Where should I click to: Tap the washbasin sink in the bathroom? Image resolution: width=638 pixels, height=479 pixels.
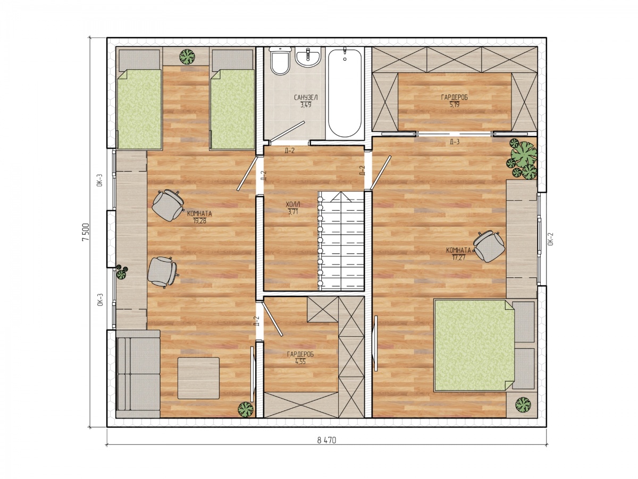point(308,57)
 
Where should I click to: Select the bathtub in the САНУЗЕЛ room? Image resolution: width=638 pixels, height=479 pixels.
point(345,93)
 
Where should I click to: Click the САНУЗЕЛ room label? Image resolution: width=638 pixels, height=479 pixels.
point(306,97)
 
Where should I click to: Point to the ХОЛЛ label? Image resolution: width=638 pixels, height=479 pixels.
point(293,204)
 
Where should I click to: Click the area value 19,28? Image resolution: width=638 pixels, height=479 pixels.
point(199,221)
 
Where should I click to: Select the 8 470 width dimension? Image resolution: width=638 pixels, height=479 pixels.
point(326,440)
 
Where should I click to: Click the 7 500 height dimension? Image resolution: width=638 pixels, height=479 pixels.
point(85,232)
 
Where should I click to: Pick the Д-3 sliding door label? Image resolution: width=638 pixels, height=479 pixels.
point(455,142)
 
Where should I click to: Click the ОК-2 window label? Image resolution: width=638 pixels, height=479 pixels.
point(550,239)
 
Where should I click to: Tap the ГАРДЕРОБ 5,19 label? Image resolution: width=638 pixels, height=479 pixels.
point(454,101)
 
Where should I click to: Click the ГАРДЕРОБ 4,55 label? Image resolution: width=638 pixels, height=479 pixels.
point(300,358)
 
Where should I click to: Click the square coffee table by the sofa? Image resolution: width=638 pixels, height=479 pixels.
point(198,378)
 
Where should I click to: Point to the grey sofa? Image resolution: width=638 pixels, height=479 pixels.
point(138,374)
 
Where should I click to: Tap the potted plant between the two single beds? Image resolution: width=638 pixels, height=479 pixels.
point(187,57)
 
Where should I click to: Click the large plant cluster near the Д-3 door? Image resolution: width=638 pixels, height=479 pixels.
point(522,159)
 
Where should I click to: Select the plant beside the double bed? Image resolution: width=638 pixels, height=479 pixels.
point(523,405)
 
